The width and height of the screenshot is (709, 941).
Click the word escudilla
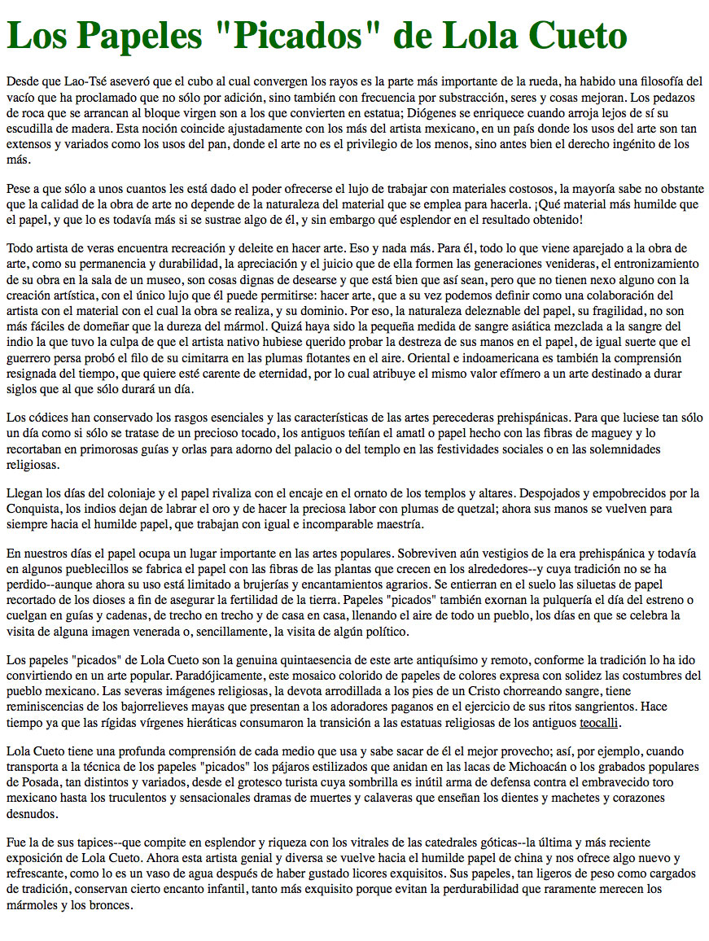click(31, 128)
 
